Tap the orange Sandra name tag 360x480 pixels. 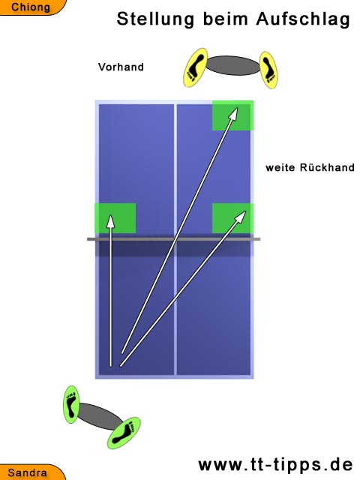tap(31, 472)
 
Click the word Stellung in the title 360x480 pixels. tap(155, 19)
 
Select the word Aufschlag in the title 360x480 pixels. tap(303, 19)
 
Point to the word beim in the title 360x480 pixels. tap(225, 19)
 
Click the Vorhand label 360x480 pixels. tap(121, 67)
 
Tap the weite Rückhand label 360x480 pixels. tap(310, 167)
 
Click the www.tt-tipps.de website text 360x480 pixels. tap(275, 465)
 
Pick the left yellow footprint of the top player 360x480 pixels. tap(195, 67)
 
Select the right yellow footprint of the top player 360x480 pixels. tap(268, 70)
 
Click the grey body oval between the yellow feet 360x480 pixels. tap(233, 65)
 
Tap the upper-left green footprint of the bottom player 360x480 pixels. tap(71, 404)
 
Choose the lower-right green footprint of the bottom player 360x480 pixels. tap(124, 433)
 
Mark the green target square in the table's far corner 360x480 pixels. tap(232, 115)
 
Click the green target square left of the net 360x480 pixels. tap(115, 218)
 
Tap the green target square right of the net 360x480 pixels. tap(232, 218)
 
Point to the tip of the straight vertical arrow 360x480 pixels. tap(110, 215)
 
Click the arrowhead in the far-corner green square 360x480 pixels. tap(234, 112)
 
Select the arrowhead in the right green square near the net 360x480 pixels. tap(241, 215)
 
